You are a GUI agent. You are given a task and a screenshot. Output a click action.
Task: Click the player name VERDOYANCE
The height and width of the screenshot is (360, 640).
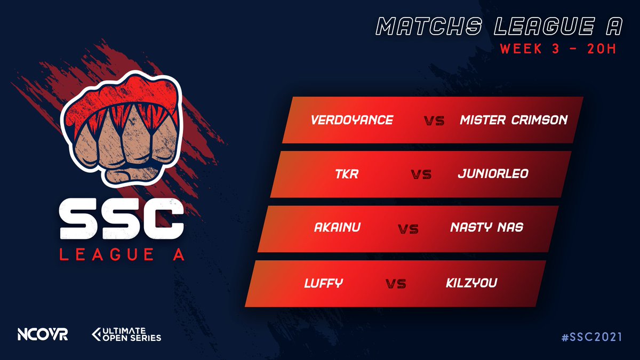pos(351,121)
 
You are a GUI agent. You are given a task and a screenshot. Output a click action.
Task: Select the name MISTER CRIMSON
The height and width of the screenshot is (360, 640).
pos(513,121)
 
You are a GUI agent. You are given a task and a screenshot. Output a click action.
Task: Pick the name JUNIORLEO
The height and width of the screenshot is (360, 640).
pos(493,174)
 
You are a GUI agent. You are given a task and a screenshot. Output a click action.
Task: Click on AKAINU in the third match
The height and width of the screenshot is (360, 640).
pos(337,228)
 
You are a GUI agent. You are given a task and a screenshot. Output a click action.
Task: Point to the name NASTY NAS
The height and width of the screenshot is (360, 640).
pos(486,228)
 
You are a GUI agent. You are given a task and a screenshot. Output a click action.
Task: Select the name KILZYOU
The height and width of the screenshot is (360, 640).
pos(471,283)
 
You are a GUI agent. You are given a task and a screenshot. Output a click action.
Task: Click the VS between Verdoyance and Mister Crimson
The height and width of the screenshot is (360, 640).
pos(435,122)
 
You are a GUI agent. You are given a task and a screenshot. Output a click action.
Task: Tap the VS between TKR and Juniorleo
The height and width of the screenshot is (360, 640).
pos(421,175)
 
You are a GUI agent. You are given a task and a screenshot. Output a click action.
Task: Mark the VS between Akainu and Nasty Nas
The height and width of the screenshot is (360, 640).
pos(408,230)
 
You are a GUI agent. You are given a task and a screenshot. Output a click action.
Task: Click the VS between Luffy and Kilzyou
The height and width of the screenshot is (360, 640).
pos(396,284)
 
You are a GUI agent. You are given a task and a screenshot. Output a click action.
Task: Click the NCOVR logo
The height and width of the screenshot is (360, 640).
pos(42,335)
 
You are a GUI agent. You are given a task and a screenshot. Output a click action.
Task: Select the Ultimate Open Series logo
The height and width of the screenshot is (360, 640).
pos(126,334)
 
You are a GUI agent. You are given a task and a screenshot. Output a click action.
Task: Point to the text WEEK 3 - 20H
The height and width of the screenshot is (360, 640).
pos(558,49)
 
